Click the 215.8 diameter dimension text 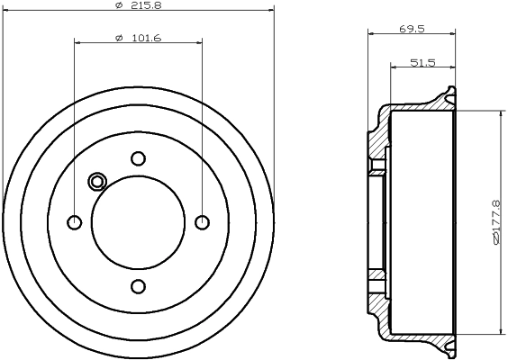tap(138, 4)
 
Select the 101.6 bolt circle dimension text tap(138, 37)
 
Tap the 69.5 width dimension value tap(413, 29)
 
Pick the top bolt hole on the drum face tap(138, 158)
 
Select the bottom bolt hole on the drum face tap(138, 286)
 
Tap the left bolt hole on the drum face tap(75, 222)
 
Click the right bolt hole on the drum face tap(202, 222)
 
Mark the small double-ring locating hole tap(97, 182)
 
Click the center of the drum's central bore tap(138, 222)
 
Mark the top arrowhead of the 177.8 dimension tap(501, 114)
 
